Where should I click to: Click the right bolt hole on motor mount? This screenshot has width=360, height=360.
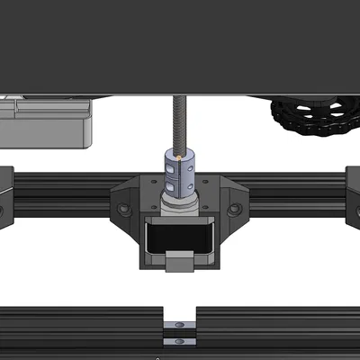[x=235, y=210]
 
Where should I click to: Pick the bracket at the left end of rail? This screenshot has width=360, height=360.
[x=4, y=193]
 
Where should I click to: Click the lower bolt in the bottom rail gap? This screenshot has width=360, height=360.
[x=180, y=340]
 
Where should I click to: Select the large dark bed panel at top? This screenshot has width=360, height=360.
[x=180, y=45]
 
